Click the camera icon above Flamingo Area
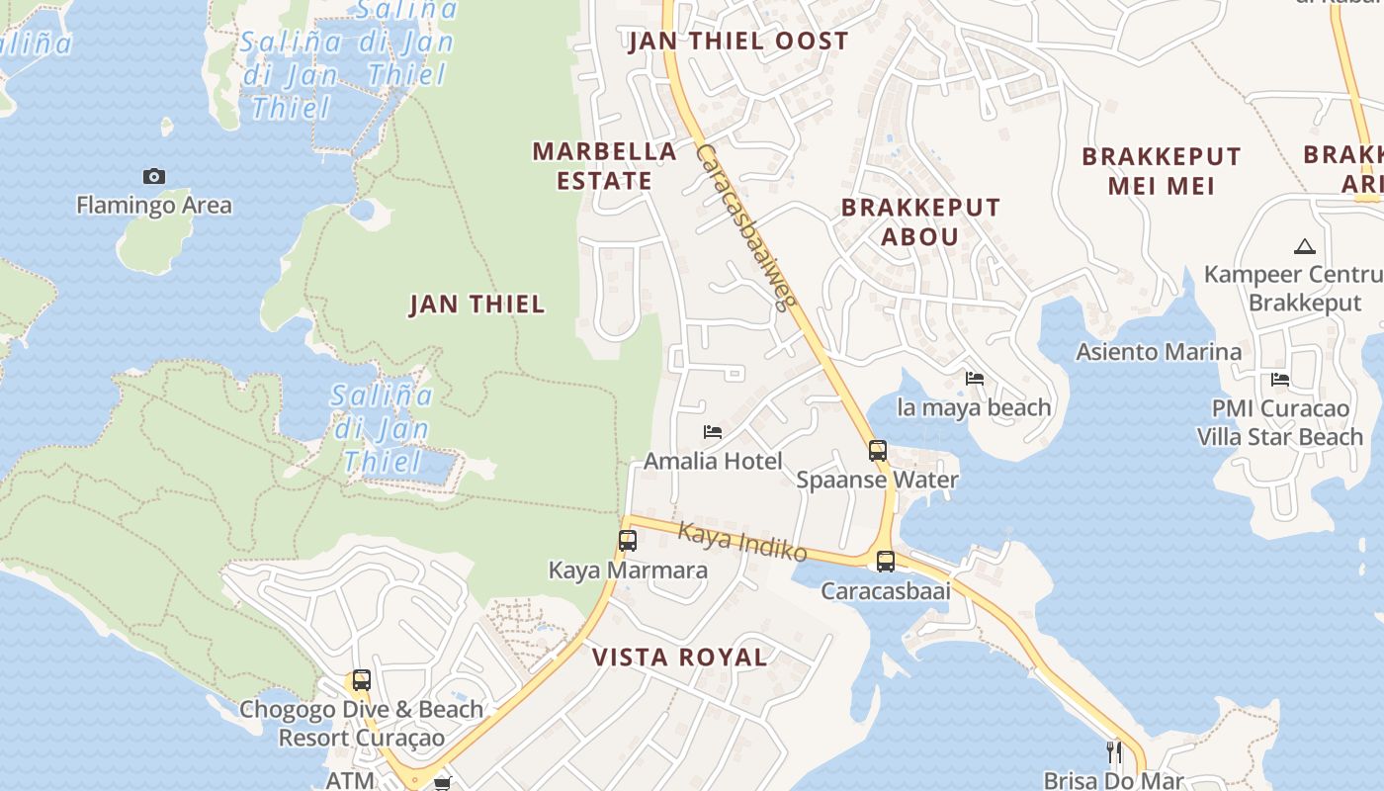[154, 176]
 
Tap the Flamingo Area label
[154, 206]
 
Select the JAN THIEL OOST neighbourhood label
[738, 42]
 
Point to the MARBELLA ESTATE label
[605, 166]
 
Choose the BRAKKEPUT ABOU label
[920, 222]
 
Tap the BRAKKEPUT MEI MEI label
[1161, 171]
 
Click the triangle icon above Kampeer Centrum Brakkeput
[1304, 246]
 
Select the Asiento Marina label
[1159, 352]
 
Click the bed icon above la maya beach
[975, 379]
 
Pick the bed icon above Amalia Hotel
[712, 432]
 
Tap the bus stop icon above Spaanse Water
[878, 451]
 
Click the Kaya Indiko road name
[742, 543]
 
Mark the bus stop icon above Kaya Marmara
[628, 541]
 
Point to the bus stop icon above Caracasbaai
[886, 562]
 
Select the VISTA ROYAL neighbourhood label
[680, 658]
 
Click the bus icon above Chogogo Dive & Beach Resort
[362, 680]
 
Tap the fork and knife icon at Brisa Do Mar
[1114, 752]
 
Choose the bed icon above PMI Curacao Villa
[1280, 380]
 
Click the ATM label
[350, 780]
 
